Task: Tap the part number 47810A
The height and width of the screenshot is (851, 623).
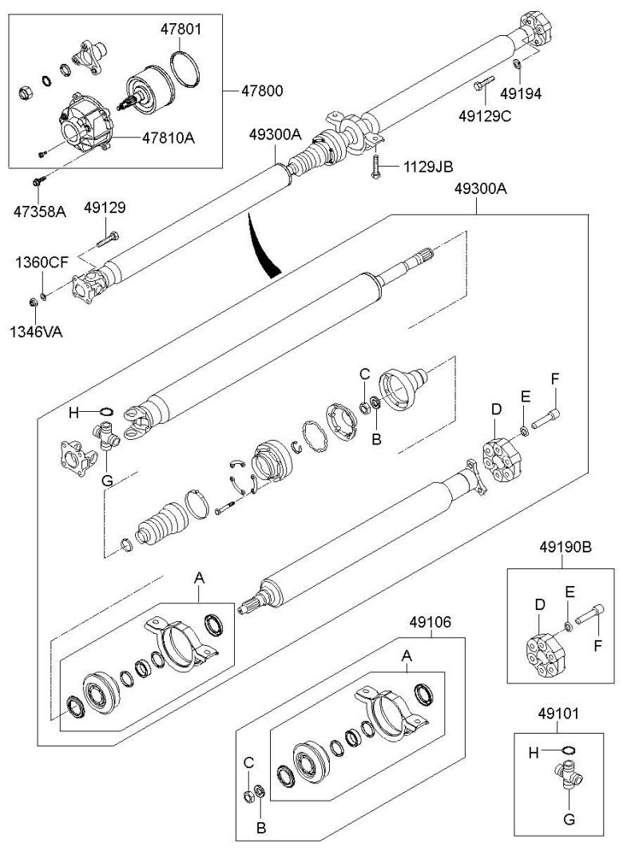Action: [169, 137]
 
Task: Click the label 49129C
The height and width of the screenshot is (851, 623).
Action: [485, 116]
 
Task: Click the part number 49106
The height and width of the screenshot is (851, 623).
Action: [431, 619]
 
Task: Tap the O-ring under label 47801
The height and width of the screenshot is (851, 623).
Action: [185, 65]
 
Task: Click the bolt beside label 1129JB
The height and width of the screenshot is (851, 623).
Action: [373, 167]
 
